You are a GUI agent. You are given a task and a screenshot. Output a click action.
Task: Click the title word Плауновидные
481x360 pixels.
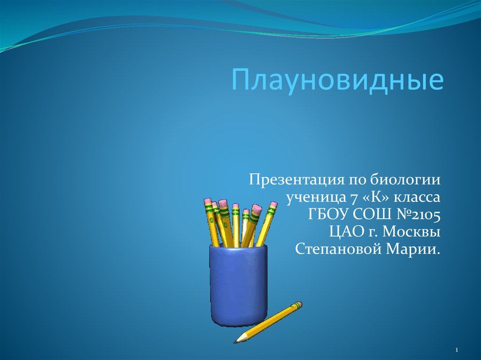point(338,80)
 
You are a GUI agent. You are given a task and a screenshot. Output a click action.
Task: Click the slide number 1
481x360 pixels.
point(457,350)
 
